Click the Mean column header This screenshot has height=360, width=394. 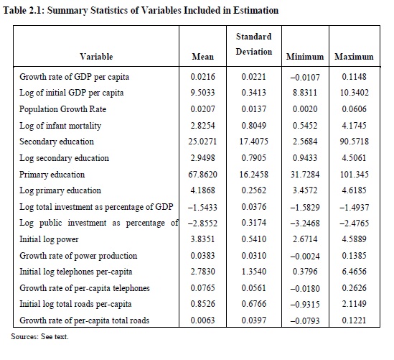coord(203,57)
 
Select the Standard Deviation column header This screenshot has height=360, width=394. coord(254,44)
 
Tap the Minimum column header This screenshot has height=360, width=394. coord(305,57)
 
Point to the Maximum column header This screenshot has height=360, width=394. coord(354,57)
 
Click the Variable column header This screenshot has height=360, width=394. coord(96,57)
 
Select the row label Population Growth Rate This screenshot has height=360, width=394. coord(63,109)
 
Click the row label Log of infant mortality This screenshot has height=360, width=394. coord(60,126)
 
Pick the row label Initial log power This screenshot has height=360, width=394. coord(49,239)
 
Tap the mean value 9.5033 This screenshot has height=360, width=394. coord(203,93)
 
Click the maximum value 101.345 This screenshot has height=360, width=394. coord(355,175)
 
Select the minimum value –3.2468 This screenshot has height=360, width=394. coord(305,223)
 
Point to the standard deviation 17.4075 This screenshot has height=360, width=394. coord(254,142)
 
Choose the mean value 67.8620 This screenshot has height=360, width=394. coord(203,175)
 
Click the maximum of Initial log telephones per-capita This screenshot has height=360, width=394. coord(355,272)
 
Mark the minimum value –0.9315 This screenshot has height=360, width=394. coord(305,305)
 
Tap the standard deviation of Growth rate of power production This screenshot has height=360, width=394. coord(254,256)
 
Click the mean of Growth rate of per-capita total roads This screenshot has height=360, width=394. coord(203,320)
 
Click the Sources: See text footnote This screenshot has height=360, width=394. coord(39,336)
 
